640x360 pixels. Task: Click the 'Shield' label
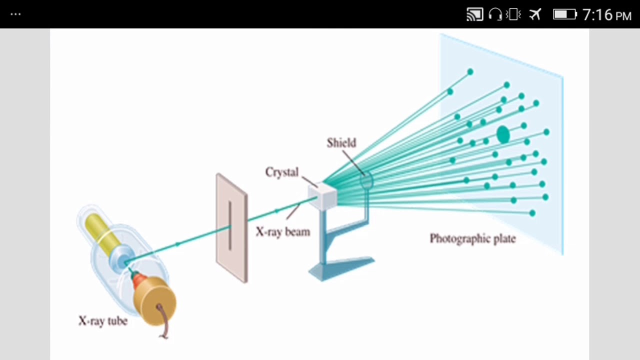[341, 143]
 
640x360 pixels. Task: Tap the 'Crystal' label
[281, 172]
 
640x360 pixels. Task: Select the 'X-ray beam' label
[283, 231]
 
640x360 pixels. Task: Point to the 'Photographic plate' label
[473, 238]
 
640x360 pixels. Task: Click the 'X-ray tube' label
[103, 321]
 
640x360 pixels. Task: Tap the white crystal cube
[323, 195]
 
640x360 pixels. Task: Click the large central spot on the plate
[503, 134]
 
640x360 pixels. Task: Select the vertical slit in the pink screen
[229, 225]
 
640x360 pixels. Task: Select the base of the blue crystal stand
[341, 268]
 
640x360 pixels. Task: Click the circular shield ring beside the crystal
[366, 180]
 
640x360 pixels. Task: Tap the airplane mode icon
[535, 14]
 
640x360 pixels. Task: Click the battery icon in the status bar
[565, 14]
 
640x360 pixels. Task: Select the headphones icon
[495, 14]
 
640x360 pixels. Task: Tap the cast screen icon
[475, 14]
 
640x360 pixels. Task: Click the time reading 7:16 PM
[607, 15]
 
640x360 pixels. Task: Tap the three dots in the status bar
[15, 14]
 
